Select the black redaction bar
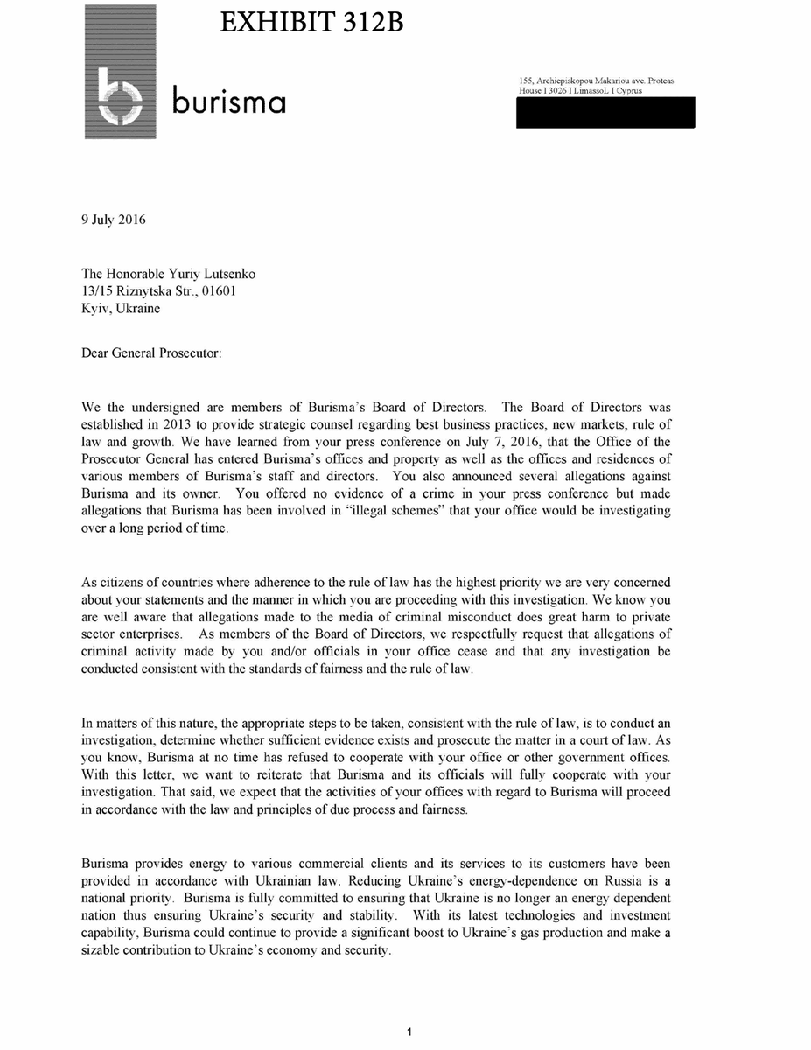click(x=605, y=113)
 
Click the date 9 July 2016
click(x=114, y=220)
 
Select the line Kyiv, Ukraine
click(x=121, y=308)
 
